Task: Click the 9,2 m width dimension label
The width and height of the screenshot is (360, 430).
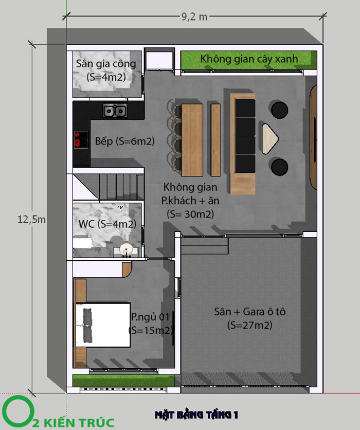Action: point(194,17)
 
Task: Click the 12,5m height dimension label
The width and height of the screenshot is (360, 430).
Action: point(31,220)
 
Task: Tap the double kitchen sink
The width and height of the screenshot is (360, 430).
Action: point(115,111)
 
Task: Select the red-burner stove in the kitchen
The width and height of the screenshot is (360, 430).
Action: point(81,139)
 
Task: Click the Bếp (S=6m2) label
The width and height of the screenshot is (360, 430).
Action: point(125,141)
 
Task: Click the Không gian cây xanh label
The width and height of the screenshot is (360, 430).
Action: point(249,59)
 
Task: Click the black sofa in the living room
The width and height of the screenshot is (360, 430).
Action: point(245,136)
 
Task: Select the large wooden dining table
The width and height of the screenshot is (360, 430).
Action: point(192,140)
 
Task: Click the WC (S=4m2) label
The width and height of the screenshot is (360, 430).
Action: point(107,224)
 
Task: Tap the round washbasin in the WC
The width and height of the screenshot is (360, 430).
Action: point(127,250)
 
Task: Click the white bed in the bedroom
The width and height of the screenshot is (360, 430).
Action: point(103,325)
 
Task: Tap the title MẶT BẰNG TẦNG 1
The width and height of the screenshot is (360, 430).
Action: point(196,415)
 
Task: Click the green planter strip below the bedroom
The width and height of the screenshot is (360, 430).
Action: point(123,381)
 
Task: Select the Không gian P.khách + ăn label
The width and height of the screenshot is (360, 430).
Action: point(190,201)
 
